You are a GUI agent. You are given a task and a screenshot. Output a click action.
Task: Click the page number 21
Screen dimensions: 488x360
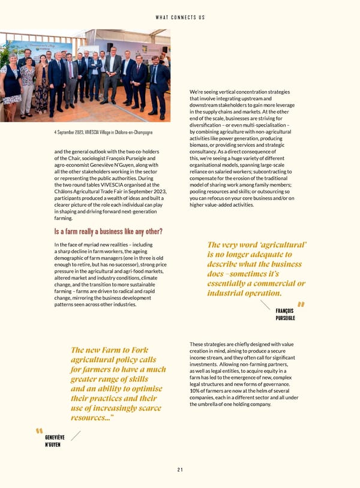click(180, 469)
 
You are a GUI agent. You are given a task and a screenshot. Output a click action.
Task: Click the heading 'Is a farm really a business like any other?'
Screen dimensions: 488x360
click(108, 232)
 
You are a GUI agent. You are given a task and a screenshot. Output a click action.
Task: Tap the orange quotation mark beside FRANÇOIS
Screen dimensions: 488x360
click(300, 305)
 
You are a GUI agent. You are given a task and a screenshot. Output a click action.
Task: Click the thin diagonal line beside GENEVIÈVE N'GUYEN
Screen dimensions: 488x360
click(76, 435)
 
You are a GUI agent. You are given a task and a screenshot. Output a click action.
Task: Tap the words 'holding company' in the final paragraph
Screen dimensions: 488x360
click(253, 404)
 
